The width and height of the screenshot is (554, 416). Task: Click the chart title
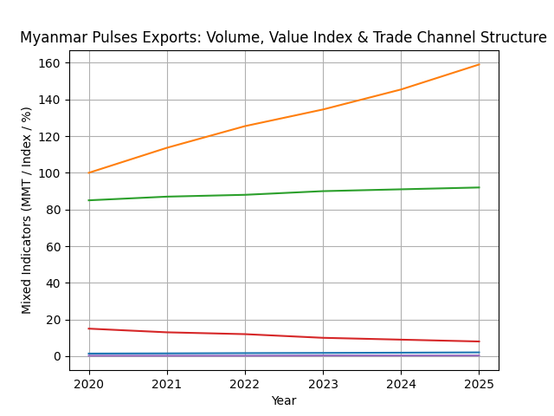[x=283, y=38]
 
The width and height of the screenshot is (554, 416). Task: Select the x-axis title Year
[x=283, y=400]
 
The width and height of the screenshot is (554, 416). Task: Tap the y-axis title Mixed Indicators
[x=27, y=210]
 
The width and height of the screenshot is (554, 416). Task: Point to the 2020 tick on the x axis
[x=89, y=383]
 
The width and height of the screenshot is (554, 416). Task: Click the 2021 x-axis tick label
[x=167, y=383]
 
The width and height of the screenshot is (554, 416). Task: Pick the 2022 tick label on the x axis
[x=245, y=383]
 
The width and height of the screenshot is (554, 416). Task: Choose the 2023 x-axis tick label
[x=323, y=383]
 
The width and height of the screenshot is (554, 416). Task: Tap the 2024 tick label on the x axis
[x=401, y=383]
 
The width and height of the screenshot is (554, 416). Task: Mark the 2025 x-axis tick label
[x=479, y=383]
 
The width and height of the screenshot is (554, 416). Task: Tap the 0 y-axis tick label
[x=57, y=356]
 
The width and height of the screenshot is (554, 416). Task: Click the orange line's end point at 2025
[x=479, y=64]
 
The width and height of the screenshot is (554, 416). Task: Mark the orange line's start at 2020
[x=89, y=172]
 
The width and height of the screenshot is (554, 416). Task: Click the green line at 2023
[x=323, y=191]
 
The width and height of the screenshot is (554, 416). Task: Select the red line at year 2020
[x=89, y=328]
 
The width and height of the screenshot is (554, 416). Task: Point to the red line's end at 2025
[x=479, y=341]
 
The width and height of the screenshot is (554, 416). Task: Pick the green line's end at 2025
[x=479, y=187]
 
